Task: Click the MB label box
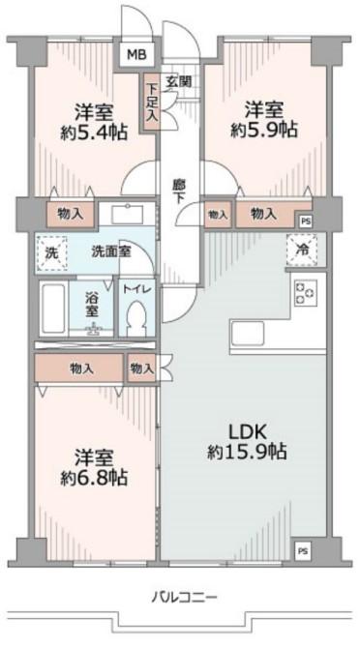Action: [x=135, y=55]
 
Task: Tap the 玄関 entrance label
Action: [x=176, y=81]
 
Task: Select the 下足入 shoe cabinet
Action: [x=152, y=101]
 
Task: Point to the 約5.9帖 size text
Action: [x=264, y=129]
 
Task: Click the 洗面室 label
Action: [x=112, y=251]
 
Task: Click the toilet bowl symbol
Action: [x=135, y=315]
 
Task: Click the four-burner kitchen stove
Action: [x=307, y=290]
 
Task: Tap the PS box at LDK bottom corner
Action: [x=303, y=551]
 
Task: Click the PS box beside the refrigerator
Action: [x=306, y=221]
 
